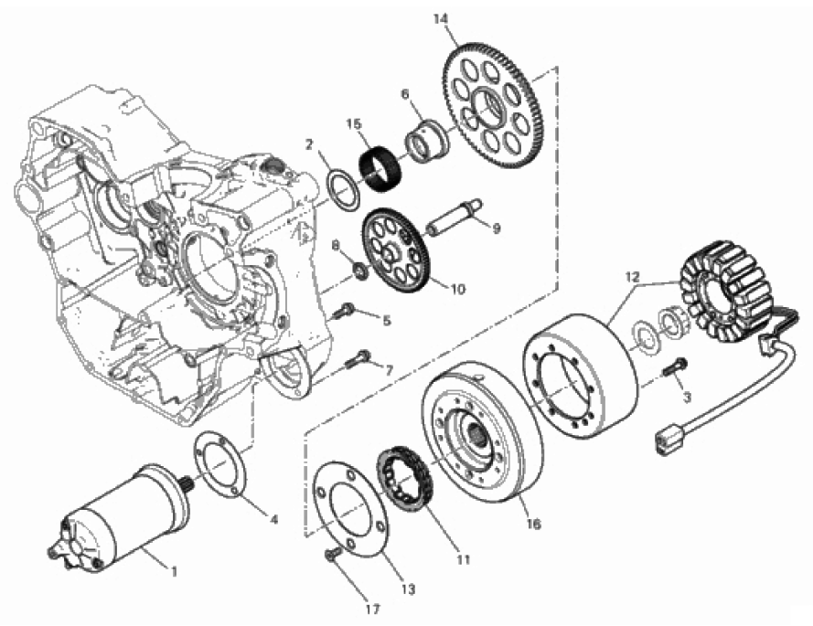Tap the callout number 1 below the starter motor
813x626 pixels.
(173, 572)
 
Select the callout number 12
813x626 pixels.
(633, 276)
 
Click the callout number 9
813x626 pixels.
(497, 228)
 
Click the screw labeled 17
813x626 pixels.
(331, 554)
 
